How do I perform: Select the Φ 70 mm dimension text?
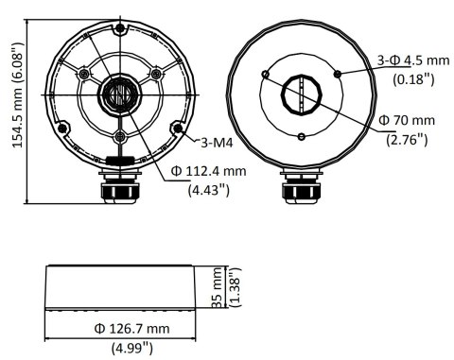(x=405, y=122)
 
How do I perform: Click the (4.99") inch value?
(x=131, y=348)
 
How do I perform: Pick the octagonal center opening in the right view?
(x=300, y=94)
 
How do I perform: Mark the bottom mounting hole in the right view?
(x=300, y=138)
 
